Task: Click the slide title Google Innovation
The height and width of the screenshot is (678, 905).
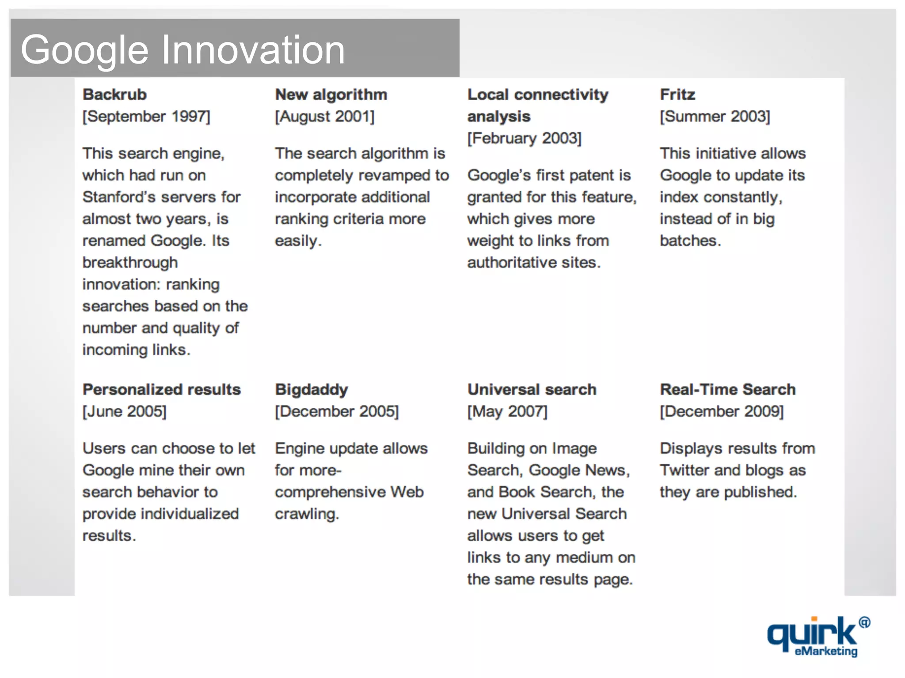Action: (183, 50)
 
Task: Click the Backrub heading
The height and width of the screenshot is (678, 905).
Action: (114, 94)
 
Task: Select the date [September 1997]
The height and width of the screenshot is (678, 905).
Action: (146, 117)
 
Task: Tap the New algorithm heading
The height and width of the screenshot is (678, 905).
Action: (331, 94)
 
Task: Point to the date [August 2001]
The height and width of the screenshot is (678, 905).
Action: (325, 117)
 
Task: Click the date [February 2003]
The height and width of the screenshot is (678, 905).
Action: (525, 138)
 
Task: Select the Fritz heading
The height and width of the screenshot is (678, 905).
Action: (677, 94)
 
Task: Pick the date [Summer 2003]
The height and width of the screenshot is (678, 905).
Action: (715, 117)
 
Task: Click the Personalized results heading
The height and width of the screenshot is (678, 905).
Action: (162, 389)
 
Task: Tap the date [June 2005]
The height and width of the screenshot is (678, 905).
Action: (125, 411)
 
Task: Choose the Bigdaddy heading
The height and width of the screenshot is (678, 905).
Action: (312, 389)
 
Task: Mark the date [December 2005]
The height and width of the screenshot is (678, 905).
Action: (337, 411)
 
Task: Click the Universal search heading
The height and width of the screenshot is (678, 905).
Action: (532, 389)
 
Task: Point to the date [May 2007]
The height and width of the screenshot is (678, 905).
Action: (507, 411)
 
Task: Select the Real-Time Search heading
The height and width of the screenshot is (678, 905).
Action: (728, 389)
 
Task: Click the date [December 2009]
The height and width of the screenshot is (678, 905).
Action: (722, 411)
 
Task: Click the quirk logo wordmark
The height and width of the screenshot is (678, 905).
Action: (812, 632)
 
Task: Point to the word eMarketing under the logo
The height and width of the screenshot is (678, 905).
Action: (826, 652)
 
